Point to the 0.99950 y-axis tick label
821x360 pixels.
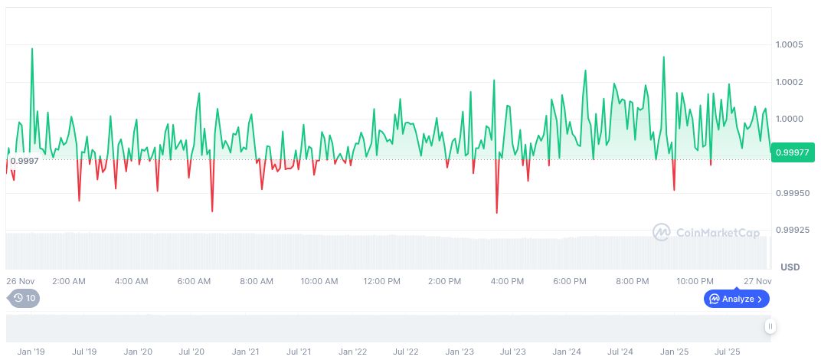point(793,193)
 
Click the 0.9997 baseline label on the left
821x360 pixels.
point(24,160)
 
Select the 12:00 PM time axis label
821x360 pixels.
point(381,281)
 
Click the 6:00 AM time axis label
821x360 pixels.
point(194,281)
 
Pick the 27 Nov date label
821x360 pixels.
point(757,281)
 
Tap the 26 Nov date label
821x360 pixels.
point(21,281)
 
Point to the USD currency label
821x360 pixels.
point(790,267)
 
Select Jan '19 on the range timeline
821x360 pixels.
point(31,352)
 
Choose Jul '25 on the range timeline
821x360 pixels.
point(727,352)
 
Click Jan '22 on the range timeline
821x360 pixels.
point(352,352)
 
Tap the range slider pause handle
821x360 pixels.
point(770,327)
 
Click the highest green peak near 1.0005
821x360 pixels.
point(32,49)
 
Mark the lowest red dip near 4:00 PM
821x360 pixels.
point(497,212)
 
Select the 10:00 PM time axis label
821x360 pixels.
point(695,281)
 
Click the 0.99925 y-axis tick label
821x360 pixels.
point(793,230)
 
